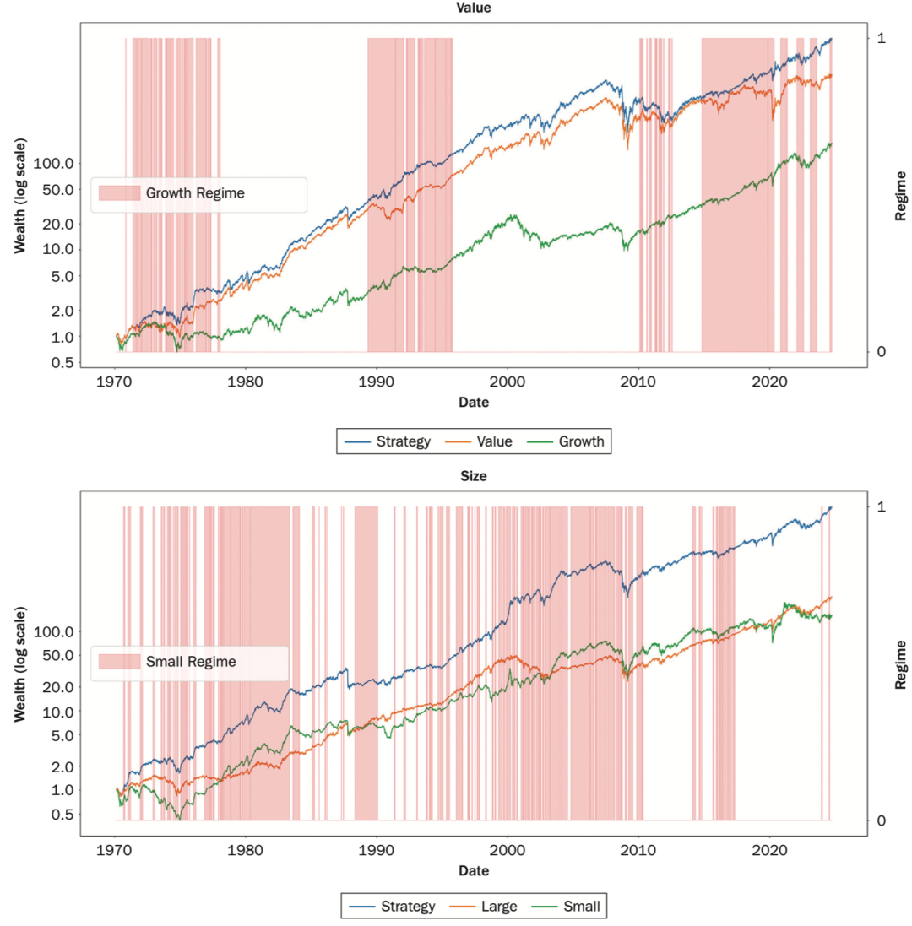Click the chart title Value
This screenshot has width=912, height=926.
click(473, 8)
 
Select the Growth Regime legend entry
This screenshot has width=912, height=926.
click(195, 193)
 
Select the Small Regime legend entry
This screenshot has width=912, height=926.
click(191, 662)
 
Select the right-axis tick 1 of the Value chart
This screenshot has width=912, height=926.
click(881, 39)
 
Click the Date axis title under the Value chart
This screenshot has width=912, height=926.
click(474, 403)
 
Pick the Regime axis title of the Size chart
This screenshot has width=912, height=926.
click(901, 663)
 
